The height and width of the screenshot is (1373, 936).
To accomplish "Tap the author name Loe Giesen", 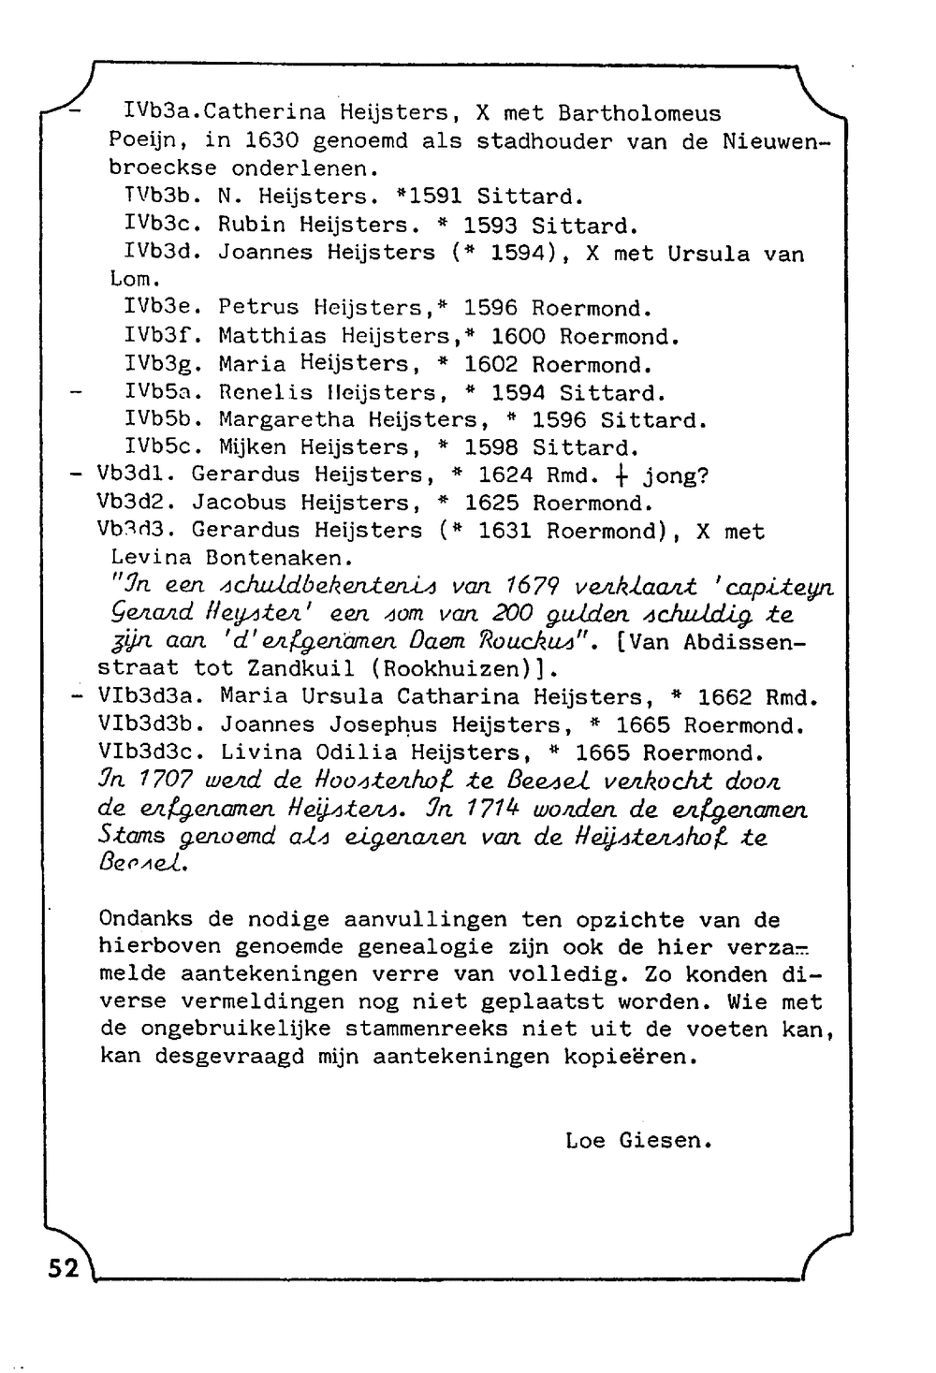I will tap(638, 1141).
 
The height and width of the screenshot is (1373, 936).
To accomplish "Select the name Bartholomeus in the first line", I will tap(639, 114).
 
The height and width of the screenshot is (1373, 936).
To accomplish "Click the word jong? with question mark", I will tap(676, 475).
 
